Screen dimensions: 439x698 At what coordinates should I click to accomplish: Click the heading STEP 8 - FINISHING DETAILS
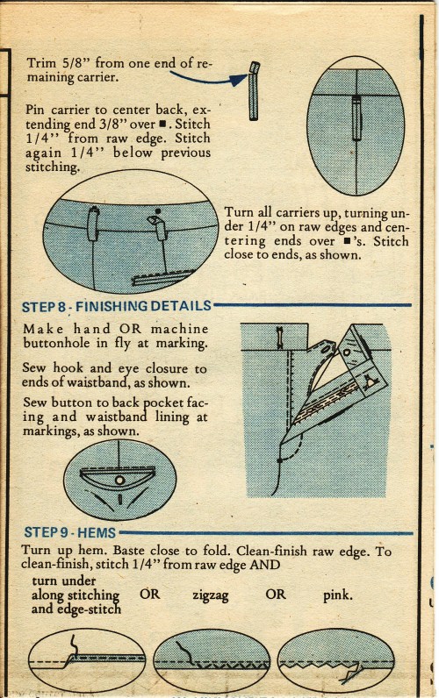pos(116,306)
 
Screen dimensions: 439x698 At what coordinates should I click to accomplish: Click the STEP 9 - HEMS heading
pos(70,532)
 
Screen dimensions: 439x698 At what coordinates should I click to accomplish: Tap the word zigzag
pos(211,595)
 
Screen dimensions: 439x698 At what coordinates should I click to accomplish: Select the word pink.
pos(338,595)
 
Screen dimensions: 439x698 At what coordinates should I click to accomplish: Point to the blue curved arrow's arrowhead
pos(240,80)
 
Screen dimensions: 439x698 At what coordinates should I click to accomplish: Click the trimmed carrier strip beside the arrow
pos(254,91)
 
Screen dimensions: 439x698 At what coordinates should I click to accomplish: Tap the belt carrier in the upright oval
pos(356,118)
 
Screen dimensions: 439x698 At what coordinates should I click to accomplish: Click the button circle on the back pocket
pos(119,481)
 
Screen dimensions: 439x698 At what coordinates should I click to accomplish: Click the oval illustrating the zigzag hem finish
pos(212,660)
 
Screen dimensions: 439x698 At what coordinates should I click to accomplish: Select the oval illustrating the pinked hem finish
pos(336,660)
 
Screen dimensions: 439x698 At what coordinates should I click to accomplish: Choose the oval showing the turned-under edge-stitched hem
pos(87,660)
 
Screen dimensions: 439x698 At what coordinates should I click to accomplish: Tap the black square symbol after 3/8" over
pos(162,124)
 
